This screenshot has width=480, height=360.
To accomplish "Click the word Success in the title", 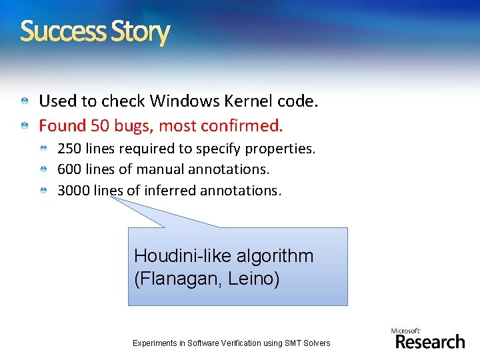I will (x=63, y=31).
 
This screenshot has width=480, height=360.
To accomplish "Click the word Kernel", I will (x=247, y=101).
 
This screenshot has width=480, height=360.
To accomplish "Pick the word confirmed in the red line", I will (x=246, y=125).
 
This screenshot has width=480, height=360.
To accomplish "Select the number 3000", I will (x=73, y=191).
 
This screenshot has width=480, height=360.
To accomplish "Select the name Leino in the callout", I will (x=257, y=279).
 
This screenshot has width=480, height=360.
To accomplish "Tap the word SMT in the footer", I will (x=297, y=343).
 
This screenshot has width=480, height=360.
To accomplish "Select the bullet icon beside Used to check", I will (x=25, y=101).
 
